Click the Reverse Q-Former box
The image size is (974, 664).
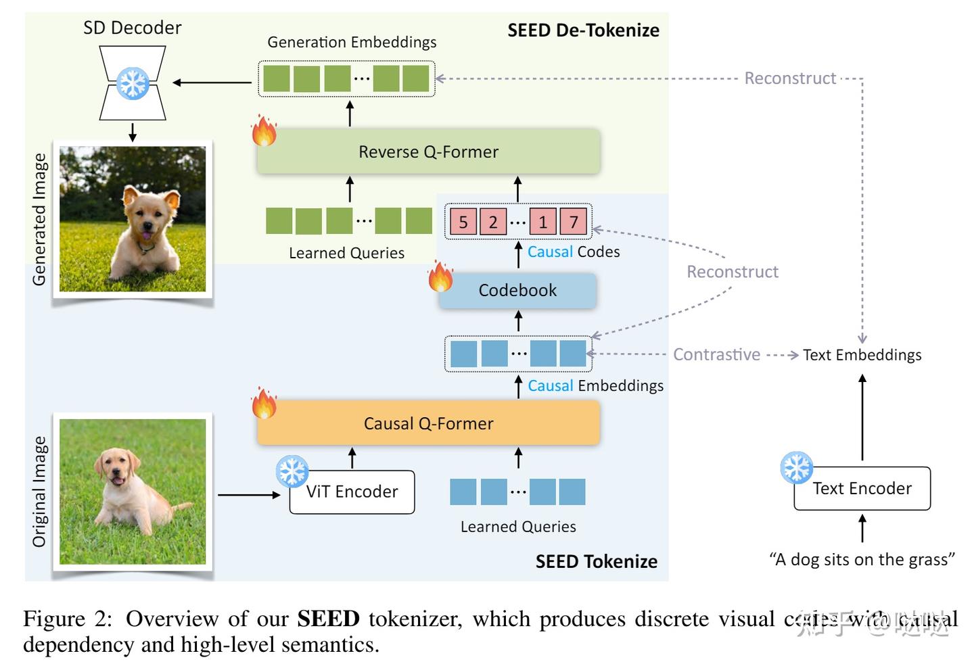(x=428, y=151)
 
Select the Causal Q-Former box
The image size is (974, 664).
(x=428, y=423)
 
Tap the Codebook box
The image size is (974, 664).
(x=517, y=291)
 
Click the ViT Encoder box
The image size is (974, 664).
(x=352, y=492)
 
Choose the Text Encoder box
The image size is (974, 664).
(x=862, y=489)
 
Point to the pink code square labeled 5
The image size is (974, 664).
(x=463, y=222)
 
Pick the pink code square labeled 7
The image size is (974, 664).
(x=574, y=222)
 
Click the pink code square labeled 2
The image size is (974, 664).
(x=493, y=222)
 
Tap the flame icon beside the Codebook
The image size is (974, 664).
(x=440, y=277)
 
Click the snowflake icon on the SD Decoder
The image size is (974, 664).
(x=133, y=83)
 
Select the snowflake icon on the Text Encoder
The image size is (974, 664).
(x=796, y=467)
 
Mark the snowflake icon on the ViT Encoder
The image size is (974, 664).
(x=292, y=471)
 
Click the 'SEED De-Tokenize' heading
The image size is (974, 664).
(x=583, y=30)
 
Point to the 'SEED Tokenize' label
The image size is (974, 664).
(x=596, y=562)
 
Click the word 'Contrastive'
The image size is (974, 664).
(x=716, y=355)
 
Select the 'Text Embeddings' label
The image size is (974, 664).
(x=862, y=355)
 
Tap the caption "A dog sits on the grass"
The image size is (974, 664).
(x=862, y=560)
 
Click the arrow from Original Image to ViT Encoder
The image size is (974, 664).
(x=248, y=495)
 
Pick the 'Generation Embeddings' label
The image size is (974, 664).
(x=352, y=42)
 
